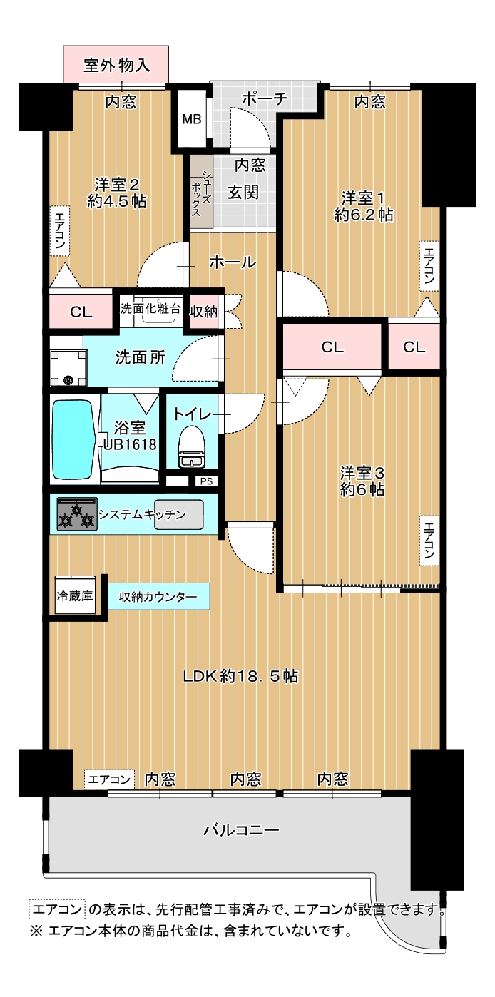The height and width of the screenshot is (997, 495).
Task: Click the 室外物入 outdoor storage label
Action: tap(117, 66)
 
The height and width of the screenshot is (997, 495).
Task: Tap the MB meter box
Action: tap(192, 119)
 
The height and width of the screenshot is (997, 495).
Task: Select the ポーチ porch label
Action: tap(265, 98)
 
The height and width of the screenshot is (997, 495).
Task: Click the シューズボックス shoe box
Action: tap(201, 192)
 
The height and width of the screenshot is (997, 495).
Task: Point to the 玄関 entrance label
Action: tap(243, 193)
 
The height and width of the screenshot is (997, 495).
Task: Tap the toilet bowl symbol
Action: tap(192, 446)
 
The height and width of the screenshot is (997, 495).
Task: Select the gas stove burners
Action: tap(77, 514)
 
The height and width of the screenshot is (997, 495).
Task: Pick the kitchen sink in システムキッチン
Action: tap(179, 515)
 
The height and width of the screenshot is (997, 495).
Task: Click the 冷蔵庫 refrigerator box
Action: tap(75, 595)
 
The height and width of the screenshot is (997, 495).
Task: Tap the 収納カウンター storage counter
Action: tap(158, 596)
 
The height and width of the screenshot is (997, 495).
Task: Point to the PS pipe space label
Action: tap(206, 481)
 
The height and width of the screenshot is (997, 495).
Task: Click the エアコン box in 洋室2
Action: tap(60, 230)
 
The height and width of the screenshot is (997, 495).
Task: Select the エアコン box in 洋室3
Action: tap(429, 541)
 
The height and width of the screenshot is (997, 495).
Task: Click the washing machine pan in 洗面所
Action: tap(68, 368)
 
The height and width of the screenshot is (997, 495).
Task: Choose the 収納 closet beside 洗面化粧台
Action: tap(203, 312)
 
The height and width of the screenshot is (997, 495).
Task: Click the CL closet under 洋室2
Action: tap(81, 312)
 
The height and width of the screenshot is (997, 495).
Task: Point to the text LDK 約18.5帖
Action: tap(241, 677)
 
